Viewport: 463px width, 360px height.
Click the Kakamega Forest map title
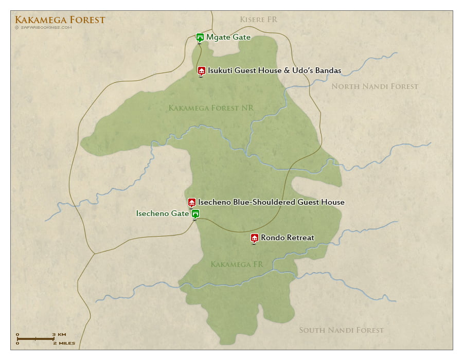click(x=60, y=20)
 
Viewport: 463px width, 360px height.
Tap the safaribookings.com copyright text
click(x=43, y=28)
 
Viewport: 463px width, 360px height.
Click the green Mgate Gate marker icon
click(x=200, y=37)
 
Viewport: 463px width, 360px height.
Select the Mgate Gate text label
click(x=229, y=37)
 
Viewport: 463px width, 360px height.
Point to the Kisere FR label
click(x=258, y=20)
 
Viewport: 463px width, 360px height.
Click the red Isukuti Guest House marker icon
click(x=201, y=70)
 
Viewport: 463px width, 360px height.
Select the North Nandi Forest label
click(x=375, y=86)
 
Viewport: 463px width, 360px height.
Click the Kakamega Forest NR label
click(x=211, y=107)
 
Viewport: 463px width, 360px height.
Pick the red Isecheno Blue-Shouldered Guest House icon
click(x=191, y=202)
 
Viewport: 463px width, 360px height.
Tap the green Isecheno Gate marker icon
click(x=195, y=213)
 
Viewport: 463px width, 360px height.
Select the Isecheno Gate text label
click(x=162, y=213)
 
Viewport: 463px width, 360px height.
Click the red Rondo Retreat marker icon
click(x=254, y=238)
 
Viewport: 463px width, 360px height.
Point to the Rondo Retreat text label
click(x=287, y=238)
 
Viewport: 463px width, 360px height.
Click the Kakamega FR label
click(x=237, y=264)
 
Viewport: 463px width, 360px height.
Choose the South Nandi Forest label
click(x=341, y=330)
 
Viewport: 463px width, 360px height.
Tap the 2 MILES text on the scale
click(x=63, y=343)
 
